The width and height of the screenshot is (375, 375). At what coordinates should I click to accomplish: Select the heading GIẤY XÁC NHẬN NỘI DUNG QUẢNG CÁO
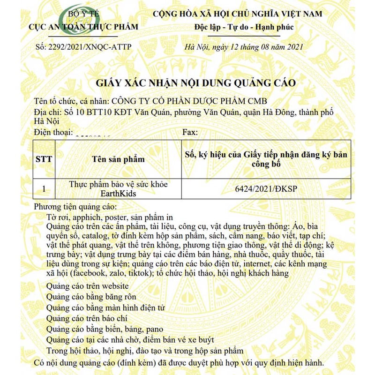196,83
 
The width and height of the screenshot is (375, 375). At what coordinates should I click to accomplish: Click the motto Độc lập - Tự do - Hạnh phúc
244,27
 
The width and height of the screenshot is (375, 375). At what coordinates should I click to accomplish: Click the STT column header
44,159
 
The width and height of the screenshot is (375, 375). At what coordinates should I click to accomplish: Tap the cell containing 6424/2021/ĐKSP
266,189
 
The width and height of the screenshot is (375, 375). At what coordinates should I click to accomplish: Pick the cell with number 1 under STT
44,189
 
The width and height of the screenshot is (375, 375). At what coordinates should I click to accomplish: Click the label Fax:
190,133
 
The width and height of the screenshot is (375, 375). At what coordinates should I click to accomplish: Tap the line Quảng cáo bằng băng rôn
91,297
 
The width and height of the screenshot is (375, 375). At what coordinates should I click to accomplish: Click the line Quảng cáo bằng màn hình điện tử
105,307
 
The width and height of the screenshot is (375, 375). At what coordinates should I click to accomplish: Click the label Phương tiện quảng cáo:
75,207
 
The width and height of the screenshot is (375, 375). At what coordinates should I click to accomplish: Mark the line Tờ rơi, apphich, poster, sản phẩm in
110,217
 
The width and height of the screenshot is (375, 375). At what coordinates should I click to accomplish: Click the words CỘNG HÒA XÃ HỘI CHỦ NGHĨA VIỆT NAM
238,14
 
